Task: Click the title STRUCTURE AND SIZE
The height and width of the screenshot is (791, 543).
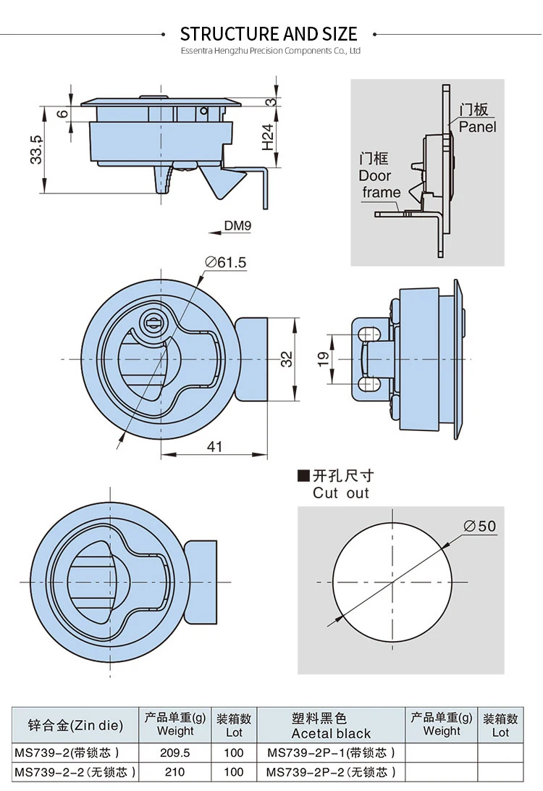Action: tap(269, 34)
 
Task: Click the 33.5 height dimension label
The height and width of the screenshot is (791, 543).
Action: tap(37, 149)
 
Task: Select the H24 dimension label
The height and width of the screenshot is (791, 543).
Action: tap(268, 137)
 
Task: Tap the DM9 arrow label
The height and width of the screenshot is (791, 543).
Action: tap(237, 226)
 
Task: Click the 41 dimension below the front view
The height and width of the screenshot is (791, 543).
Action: tap(215, 447)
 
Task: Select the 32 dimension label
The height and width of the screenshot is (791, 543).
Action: tap(287, 359)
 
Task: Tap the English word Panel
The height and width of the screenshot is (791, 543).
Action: tap(478, 127)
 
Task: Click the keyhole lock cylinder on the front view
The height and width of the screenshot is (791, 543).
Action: tap(153, 321)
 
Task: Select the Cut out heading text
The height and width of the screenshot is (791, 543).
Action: tap(341, 493)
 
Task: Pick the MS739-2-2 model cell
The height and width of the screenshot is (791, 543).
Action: tap(75, 772)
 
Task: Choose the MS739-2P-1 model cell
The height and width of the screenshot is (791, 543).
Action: tap(331, 753)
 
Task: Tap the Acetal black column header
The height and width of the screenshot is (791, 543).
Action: tap(331, 733)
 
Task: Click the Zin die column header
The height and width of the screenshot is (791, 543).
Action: tap(75, 725)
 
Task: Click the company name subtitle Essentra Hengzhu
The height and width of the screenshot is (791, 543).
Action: tap(270, 51)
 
